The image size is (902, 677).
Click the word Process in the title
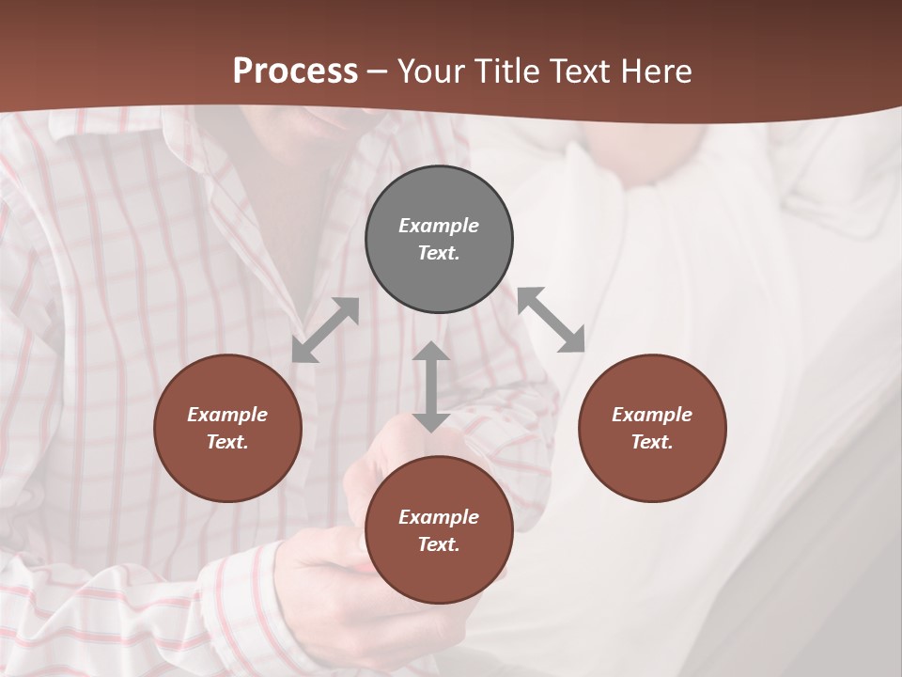(x=295, y=71)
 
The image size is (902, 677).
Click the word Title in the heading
(x=508, y=71)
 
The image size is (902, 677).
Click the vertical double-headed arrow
(x=431, y=386)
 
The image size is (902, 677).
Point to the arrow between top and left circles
(x=325, y=330)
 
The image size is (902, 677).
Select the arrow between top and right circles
(x=552, y=320)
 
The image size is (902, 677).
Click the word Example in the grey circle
(x=439, y=226)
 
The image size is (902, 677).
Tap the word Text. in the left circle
(x=227, y=442)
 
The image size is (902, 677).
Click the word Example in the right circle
(x=652, y=415)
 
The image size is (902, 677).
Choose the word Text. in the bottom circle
(x=439, y=544)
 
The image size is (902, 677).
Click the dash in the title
(x=378, y=71)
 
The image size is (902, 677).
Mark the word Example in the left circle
(x=227, y=415)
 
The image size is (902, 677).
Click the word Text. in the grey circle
(x=439, y=253)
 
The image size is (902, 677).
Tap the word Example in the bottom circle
(x=439, y=517)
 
